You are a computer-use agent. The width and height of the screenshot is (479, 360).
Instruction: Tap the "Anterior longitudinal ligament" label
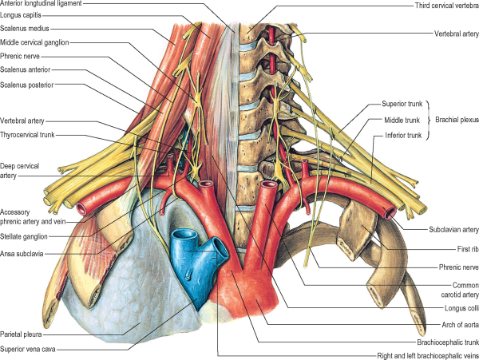point(49,5)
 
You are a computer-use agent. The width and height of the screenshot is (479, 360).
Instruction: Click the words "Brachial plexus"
point(455,120)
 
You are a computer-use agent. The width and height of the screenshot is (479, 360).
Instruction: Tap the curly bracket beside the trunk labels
point(427,120)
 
